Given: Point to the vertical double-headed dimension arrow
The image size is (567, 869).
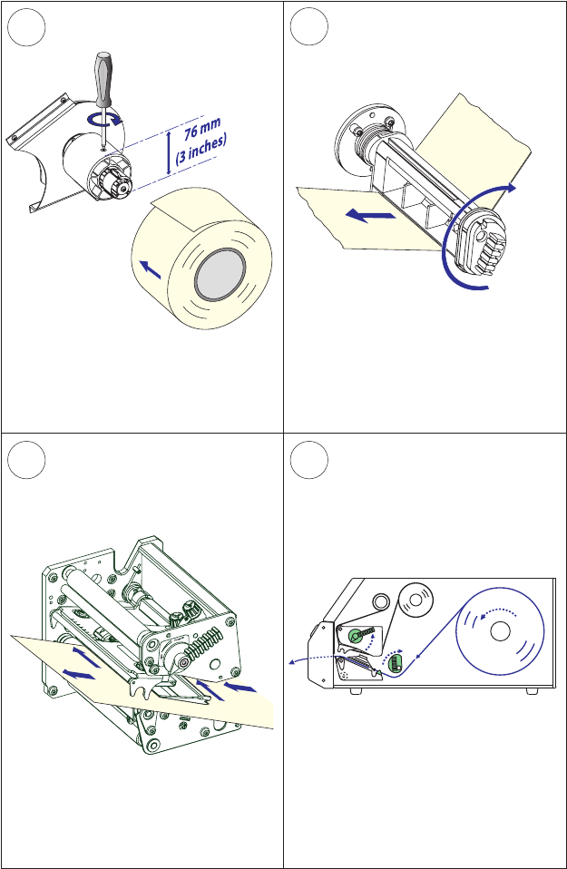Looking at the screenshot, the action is click(x=169, y=151).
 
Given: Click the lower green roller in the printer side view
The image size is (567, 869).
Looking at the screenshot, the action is click(x=395, y=664).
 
